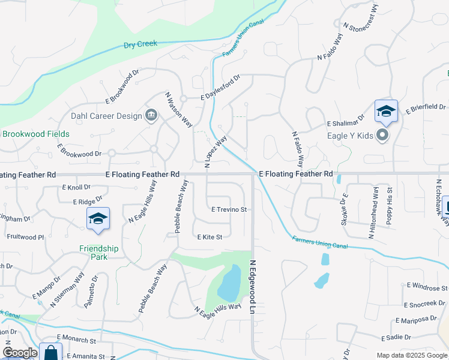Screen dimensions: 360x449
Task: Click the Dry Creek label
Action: pyautogui.click(x=140, y=44)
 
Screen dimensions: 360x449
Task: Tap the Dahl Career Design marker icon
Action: pyautogui.click(x=151, y=115)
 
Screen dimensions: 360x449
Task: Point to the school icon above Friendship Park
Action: pyautogui.click(x=98, y=220)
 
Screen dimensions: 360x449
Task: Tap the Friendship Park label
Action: pyautogui.click(x=99, y=252)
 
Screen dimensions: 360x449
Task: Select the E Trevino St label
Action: pyautogui.click(x=229, y=209)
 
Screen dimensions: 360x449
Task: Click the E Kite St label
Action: pyautogui.click(x=210, y=237)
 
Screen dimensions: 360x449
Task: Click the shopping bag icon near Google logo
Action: pyautogui.click(x=51, y=352)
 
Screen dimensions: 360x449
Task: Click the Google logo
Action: pyautogui.click(x=20, y=353)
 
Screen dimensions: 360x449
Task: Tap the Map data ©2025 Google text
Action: pyautogui.click(x=412, y=355)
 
